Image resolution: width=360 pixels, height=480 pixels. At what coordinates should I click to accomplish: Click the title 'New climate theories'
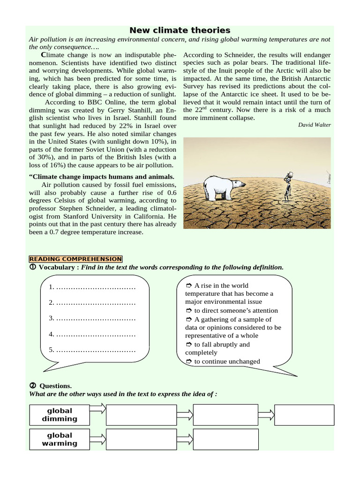(180, 30)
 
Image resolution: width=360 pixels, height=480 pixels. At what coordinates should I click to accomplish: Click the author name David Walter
(314, 125)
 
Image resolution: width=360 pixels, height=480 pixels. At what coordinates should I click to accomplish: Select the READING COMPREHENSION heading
(76, 259)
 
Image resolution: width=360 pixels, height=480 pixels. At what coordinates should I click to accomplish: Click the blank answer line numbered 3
(92, 319)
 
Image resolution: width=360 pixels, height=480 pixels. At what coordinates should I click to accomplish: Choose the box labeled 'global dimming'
(60, 415)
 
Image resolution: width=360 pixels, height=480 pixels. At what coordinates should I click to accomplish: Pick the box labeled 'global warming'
(60, 439)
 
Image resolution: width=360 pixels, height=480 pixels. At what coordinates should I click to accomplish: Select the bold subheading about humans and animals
(102, 177)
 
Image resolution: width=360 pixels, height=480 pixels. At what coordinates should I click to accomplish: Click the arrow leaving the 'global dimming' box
(97, 409)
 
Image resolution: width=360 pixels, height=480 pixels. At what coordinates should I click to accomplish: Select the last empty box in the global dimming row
(304, 415)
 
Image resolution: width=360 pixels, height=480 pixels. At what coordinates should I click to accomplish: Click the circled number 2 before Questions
(33, 385)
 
